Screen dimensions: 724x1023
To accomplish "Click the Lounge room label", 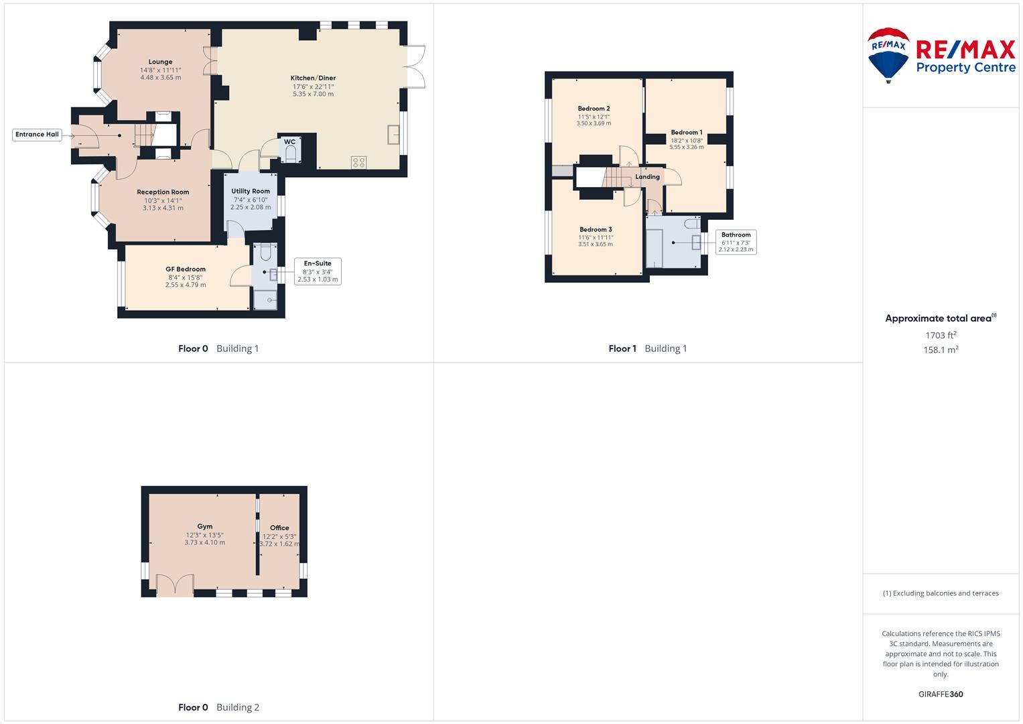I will point(160,62).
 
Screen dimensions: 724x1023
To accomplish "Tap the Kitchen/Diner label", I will point(313,78).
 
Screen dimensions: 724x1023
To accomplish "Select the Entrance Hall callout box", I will point(38,134).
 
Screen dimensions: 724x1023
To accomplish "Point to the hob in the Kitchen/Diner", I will point(358,162).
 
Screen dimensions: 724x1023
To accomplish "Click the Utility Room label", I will point(251,191).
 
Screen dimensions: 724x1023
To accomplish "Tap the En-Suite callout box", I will point(318,271).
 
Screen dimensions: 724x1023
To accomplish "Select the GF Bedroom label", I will point(186,269).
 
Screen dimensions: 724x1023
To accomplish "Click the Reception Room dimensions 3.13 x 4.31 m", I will point(163,208).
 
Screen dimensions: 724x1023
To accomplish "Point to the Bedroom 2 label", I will point(594,109).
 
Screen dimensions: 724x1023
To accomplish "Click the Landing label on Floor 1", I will point(647,177).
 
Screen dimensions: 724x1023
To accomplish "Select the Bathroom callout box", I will point(736,242).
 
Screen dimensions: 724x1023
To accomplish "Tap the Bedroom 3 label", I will point(596,229).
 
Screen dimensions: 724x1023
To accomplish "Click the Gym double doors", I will point(175,585).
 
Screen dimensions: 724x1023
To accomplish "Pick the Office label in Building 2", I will point(279,528).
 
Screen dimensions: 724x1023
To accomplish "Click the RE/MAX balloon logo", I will point(888,55).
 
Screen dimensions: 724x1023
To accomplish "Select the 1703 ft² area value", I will point(941,335).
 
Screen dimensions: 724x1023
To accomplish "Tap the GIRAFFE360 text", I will point(941,695).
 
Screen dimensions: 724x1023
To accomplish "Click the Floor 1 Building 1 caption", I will point(647,349).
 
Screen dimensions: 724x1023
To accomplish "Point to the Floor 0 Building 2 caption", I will point(218,707).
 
